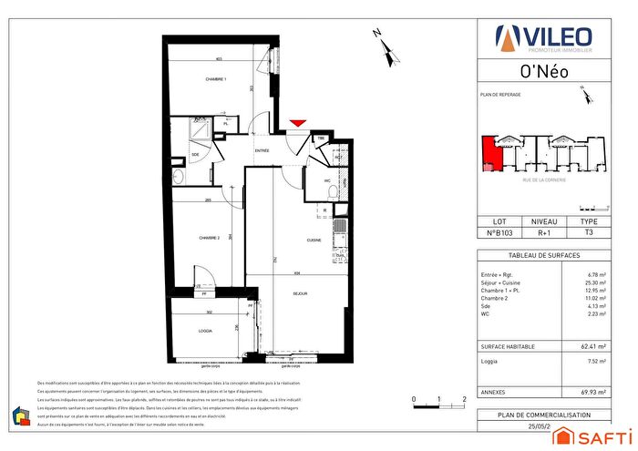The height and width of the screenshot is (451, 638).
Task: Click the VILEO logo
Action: [543, 37]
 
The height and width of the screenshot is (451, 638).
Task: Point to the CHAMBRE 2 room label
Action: [210, 238]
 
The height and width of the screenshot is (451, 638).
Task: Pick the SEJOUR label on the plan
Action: [300, 293]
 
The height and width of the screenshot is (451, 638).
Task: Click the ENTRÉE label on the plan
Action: [262, 150]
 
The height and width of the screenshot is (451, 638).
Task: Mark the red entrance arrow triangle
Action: [298, 124]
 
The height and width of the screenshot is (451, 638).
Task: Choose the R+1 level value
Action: [543, 233]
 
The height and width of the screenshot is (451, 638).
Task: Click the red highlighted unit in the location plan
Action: [490, 153]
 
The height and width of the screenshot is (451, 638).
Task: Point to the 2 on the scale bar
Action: [465, 400]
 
